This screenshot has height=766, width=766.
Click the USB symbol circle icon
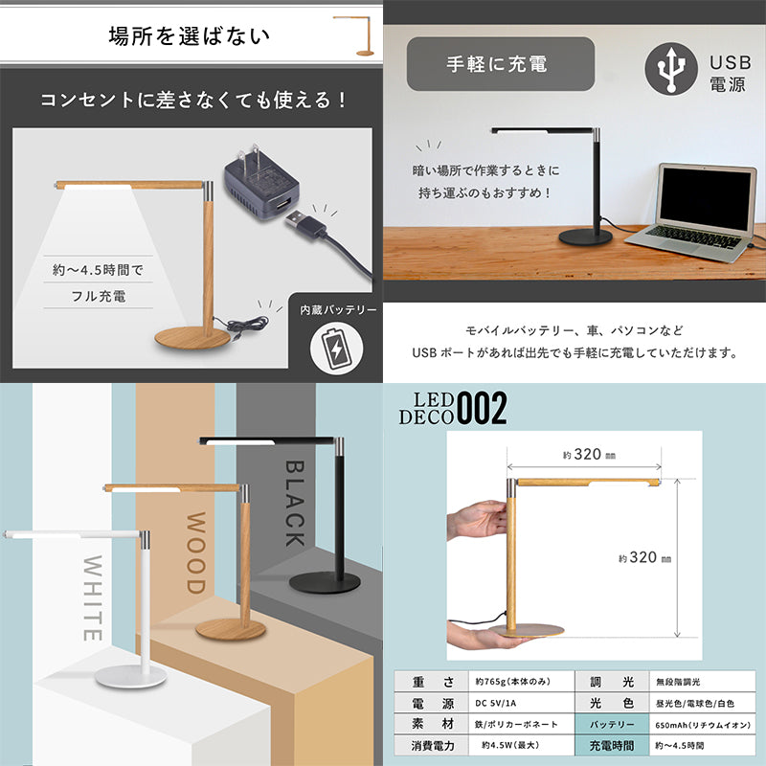pos(671,68)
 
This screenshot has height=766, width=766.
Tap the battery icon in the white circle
pos(337,349)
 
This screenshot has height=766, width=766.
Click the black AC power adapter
pos(261,183)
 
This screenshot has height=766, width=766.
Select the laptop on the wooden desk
pos(691,212)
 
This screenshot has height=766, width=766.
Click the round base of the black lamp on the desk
pos(586,237)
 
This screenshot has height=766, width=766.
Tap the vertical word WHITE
pos(93,597)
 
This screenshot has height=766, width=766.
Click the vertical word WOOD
pos(196,552)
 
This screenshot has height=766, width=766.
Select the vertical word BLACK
pos(295,504)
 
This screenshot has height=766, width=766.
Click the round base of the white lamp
pos(131,677)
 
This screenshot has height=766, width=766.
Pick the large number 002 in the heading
pos(482,409)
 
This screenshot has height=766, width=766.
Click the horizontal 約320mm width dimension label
pos(589,454)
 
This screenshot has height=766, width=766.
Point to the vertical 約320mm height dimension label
pos(644,557)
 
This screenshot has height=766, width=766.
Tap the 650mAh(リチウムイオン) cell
pos(703,725)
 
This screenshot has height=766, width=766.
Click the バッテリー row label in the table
pos(612,725)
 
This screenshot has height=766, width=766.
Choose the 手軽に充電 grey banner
pos(501,64)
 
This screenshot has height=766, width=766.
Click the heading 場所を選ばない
pos(189,36)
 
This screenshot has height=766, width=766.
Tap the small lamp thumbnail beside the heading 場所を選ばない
pos(356,36)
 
